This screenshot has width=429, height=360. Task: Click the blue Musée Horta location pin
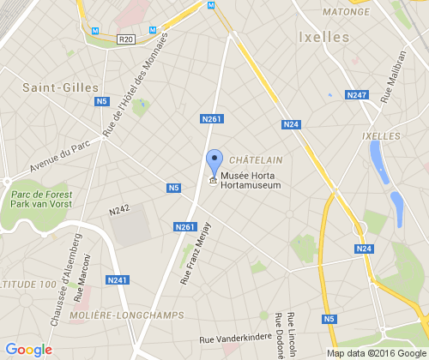pos(214,161)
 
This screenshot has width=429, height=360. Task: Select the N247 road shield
pos(357,94)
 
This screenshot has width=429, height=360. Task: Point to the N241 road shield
pos(118,279)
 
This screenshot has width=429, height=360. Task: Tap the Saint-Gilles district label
pos(61,87)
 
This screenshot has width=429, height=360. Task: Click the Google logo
pos(28,349)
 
